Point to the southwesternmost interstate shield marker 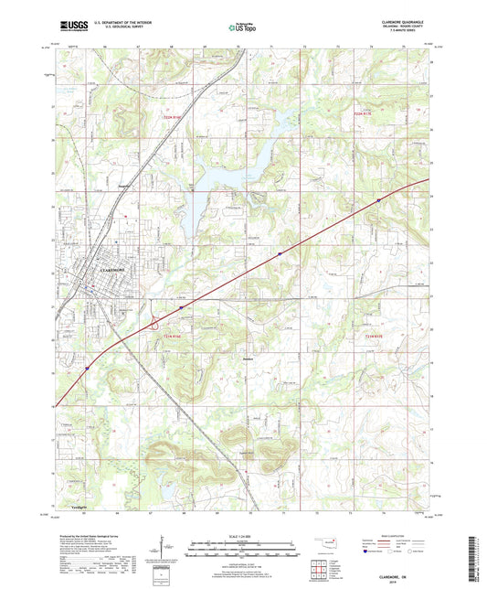click(x=89, y=367)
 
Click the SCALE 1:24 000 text click(x=242, y=536)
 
